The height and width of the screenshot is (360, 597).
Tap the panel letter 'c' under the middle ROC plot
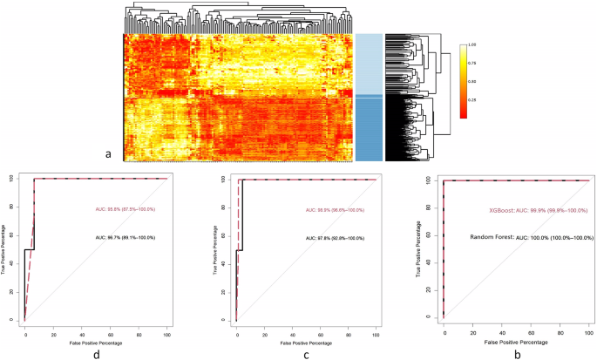pyautogui.click(x=305, y=354)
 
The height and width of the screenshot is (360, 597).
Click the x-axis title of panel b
pyautogui.click(x=517, y=343)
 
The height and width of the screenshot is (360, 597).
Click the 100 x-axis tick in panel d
pyautogui.click(x=166, y=332)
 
